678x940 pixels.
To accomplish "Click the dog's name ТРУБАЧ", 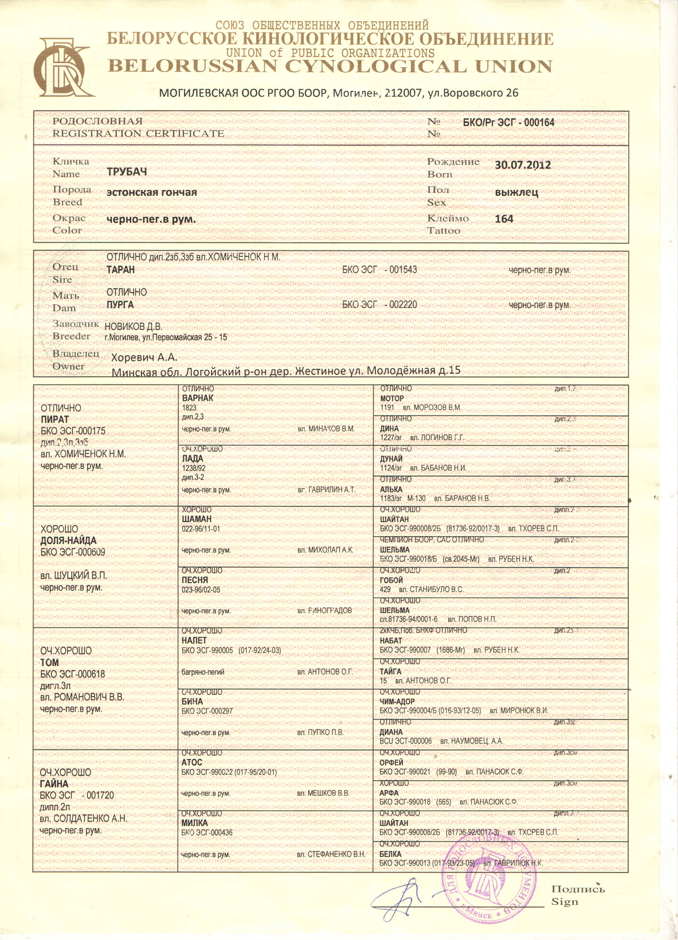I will pyautogui.click(x=127, y=172).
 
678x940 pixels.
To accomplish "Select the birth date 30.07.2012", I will pyautogui.click(x=523, y=165).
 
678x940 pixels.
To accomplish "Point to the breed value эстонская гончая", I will pyautogui.click(x=151, y=192).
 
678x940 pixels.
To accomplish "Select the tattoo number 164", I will pyautogui.click(x=504, y=219).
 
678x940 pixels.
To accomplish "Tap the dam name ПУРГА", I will pyautogui.click(x=120, y=305).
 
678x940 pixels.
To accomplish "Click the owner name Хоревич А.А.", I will pyautogui.click(x=144, y=357).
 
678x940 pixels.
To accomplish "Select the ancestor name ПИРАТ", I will pyautogui.click(x=54, y=420).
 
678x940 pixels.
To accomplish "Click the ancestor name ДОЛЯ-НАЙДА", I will pyautogui.click(x=68, y=541).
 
